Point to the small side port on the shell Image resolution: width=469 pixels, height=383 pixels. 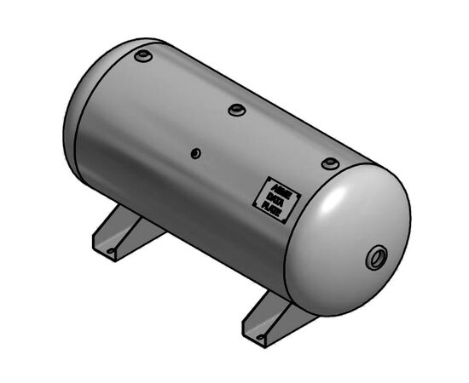click(195, 153)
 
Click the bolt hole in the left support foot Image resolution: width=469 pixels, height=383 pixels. click(108, 251)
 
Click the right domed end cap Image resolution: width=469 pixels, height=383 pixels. click(350, 243)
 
